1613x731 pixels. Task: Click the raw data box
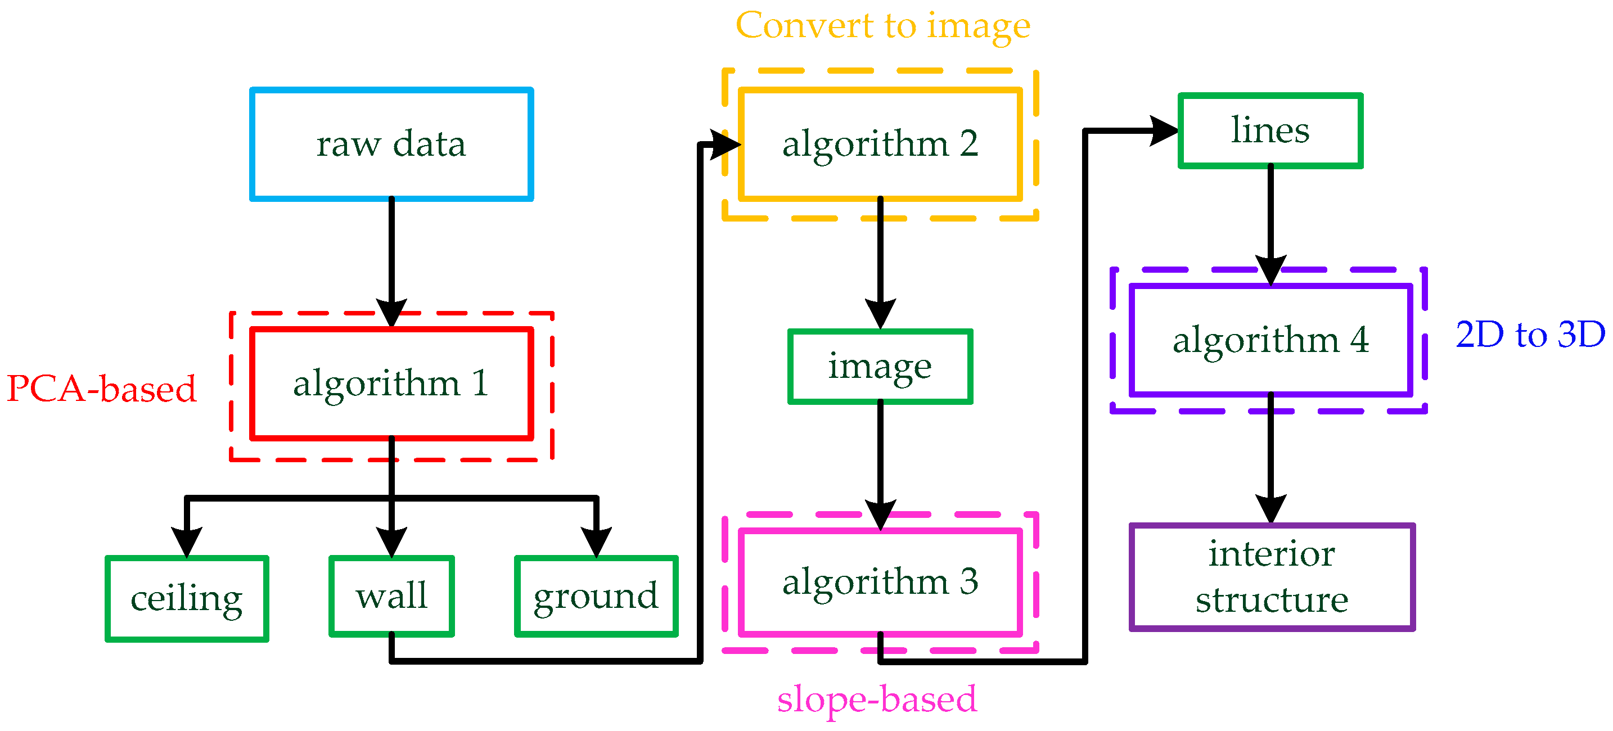pyautogui.click(x=391, y=144)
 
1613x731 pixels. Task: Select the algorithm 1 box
pyautogui.click(x=391, y=383)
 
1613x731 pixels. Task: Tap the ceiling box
pyautogui.click(x=187, y=598)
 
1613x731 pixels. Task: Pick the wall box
pyautogui.click(x=391, y=596)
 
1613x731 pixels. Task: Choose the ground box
pyautogui.click(x=596, y=596)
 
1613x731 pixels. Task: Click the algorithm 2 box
pyautogui.click(x=880, y=144)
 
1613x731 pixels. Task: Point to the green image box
pyautogui.click(x=880, y=367)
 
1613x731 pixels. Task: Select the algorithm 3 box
pyautogui.click(x=880, y=582)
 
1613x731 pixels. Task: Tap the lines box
pyautogui.click(x=1270, y=131)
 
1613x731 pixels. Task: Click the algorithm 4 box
pyautogui.click(x=1270, y=340)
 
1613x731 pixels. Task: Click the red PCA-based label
pyautogui.click(x=101, y=389)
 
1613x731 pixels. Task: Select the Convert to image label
pyautogui.click(x=882, y=26)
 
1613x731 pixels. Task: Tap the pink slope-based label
pyautogui.click(x=876, y=699)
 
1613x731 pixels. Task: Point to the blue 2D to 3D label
pyautogui.click(x=1530, y=334)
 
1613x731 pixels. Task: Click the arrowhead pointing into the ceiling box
pyautogui.click(x=187, y=542)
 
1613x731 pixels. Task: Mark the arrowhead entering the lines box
pyautogui.click(x=1165, y=131)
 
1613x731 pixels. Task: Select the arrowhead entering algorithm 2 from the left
pyautogui.click(x=726, y=145)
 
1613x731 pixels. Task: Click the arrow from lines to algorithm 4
pyautogui.click(x=1270, y=219)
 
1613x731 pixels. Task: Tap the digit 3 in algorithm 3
pyautogui.click(x=968, y=582)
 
